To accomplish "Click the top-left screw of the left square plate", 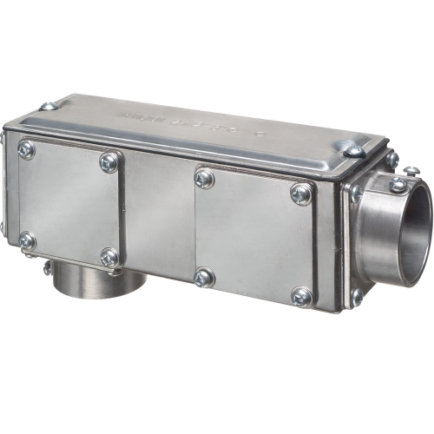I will tap(26, 150).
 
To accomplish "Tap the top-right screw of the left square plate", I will tap(109, 161).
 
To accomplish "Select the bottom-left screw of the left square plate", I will tap(27, 240).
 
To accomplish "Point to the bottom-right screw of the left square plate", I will tap(109, 258).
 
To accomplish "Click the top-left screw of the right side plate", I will tap(204, 178).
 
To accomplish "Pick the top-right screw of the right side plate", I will tap(302, 193).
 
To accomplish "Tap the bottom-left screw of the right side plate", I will tap(204, 278).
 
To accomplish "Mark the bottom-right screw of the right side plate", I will tap(302, 296).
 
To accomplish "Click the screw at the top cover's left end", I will tap(49, 106).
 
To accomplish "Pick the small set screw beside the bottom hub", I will tap(48, 268).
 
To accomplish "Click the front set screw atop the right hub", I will tap(398, 183).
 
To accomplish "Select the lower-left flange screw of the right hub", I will tap(357, 295).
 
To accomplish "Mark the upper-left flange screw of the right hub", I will tap(356, 193).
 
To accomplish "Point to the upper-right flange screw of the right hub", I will tap(391, 160).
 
